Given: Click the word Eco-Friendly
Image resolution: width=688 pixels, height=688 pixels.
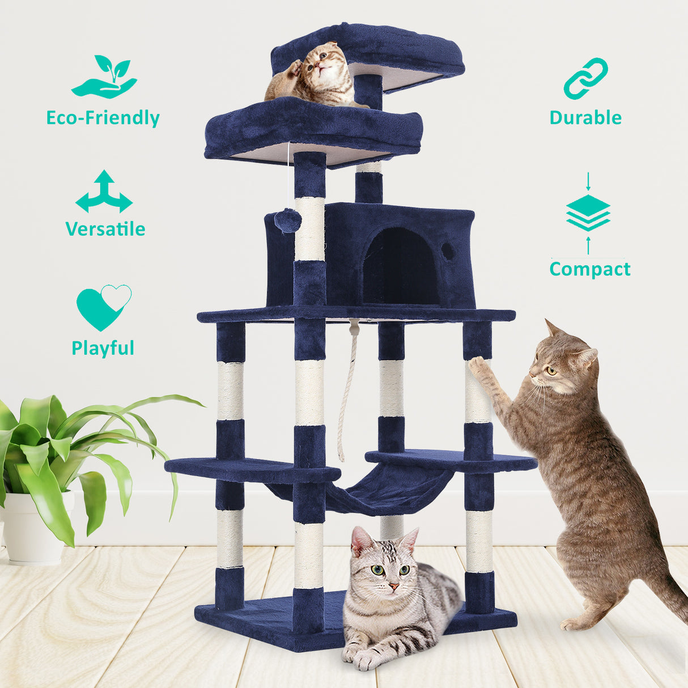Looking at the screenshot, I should pos(103,118).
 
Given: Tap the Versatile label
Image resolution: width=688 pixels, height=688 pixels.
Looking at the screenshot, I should pos(105,229).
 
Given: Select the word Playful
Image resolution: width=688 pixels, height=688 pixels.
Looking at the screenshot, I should pos(103,348).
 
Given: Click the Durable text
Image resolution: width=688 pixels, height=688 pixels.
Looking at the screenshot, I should pos(585,118).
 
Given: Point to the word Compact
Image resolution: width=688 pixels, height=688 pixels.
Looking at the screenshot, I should pos(589,269).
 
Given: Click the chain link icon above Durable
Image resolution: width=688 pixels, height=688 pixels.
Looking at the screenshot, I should pos(585,78).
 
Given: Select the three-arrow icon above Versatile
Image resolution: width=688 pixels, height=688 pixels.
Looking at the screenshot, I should pos(104,192).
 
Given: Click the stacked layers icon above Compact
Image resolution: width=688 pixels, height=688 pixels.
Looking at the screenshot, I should pos(588,214).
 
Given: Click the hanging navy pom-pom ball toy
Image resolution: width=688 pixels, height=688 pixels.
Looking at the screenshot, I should pos(288,220).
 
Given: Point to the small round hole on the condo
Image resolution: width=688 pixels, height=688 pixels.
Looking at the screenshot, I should pos(448,252).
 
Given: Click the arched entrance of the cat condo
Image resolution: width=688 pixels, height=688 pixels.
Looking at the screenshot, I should pos(400,266).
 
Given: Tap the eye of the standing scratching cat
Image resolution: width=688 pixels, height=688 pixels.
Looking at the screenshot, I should pos(551,371).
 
